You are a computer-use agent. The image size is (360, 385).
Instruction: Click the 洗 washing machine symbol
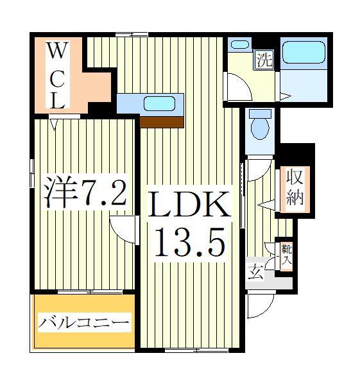pos(264,61)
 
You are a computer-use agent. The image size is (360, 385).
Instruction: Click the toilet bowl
pos(260,126)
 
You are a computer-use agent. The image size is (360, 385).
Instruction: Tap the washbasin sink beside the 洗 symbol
pos(239,45)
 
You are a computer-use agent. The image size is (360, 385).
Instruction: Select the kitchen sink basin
pos(157,103)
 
